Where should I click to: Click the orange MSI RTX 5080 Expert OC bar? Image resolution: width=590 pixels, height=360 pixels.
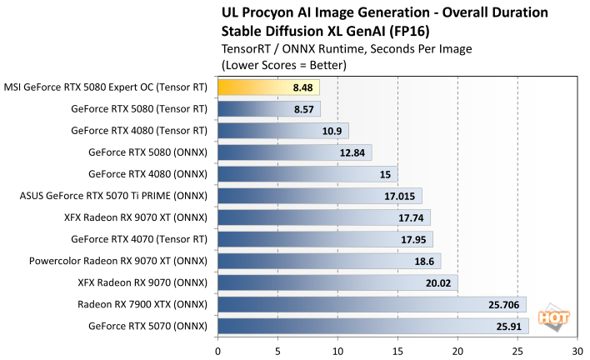tap(268, 86)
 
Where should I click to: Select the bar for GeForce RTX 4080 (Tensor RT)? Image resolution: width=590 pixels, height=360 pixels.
tap(282, 130)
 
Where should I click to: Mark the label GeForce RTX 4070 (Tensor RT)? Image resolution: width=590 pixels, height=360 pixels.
tap(139, 238)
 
